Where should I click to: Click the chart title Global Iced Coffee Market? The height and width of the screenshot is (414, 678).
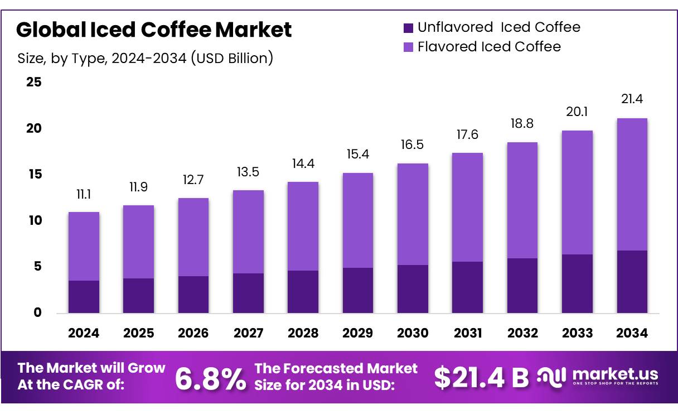pyautogui.click(x=154, y=30)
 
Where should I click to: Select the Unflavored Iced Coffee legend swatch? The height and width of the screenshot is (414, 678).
pyautogui.click(x=408, y=27)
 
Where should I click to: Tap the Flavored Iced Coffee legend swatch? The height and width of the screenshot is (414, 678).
pyautogui.click(x=408, y=47)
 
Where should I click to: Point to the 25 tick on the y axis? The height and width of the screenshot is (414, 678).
pyautogui.click(x=34, y=83)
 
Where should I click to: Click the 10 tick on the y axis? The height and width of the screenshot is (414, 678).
pyautogui.click(x=34, y=221)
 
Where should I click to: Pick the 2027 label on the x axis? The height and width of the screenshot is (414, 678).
pyautogui.click(x=248, y=334)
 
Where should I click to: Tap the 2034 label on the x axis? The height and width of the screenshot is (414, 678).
pyautogui.click(x=632, y=334)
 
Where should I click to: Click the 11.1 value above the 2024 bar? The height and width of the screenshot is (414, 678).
pyautogui.click(x=84, y=195)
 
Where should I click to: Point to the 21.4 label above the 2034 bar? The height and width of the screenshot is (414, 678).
pyautogui.click(x=632, y=100)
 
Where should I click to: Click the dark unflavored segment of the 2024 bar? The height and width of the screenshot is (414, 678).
pyautogui.click(x=84, y=296)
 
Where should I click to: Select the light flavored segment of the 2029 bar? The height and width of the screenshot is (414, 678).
pyautogui.click(x=358, y=220)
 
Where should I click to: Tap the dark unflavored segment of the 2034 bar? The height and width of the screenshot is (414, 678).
pyautogui.click(x=632, y=282)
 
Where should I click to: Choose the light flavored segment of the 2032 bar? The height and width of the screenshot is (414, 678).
pyautogui.click(x=522, y=200)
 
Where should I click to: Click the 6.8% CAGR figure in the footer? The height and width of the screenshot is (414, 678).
pyautogui.click(x=210, y=379)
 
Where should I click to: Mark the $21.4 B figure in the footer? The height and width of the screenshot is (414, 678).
pyautogui.click(x=481, y=378)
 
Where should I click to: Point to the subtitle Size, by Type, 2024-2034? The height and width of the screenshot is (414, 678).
pyautogui.click(x=146, y=58)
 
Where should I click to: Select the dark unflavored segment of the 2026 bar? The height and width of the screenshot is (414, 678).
pyautogui.click(x=193, y=294)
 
